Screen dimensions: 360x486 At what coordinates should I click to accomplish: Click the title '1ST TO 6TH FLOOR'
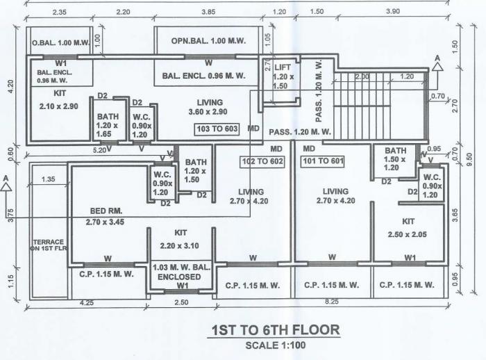tap(276, 329)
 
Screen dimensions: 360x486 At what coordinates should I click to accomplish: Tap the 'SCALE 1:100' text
tap(275, 345)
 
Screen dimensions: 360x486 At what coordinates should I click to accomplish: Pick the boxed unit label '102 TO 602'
tap(262, 161)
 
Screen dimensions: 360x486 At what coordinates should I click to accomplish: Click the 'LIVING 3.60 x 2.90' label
tap(208, 106)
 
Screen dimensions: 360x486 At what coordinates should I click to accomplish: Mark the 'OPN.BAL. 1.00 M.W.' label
tap(207, 42)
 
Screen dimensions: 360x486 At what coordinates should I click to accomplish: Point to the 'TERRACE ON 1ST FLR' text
tap(48, 245)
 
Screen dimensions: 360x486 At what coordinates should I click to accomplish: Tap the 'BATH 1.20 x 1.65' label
tap(108, 124)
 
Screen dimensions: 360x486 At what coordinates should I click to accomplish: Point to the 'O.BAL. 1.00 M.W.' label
tap(59, 43)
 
